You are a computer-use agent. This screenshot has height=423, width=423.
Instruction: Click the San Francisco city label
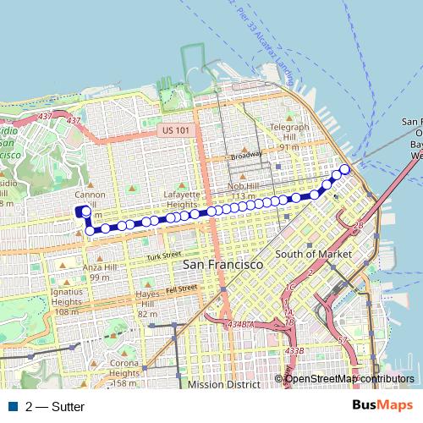pyautogui.click(x=223, y=265)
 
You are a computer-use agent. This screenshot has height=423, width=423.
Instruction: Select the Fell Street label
pyautogui.click(x=182, y=289)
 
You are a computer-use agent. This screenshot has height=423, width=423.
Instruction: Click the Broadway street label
pyautogui.click(x=245, y=156)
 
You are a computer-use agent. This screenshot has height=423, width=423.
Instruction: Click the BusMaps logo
pyautogui.click(x=383, y=405)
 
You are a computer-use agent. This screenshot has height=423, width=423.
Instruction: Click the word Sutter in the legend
pyautogui.click(x=68, y=406)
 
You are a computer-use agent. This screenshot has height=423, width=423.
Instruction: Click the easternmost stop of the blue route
pyautogui.click(x=345, y=168)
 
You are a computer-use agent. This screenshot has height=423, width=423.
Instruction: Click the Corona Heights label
pyautogui.click(x=124, y=369)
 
